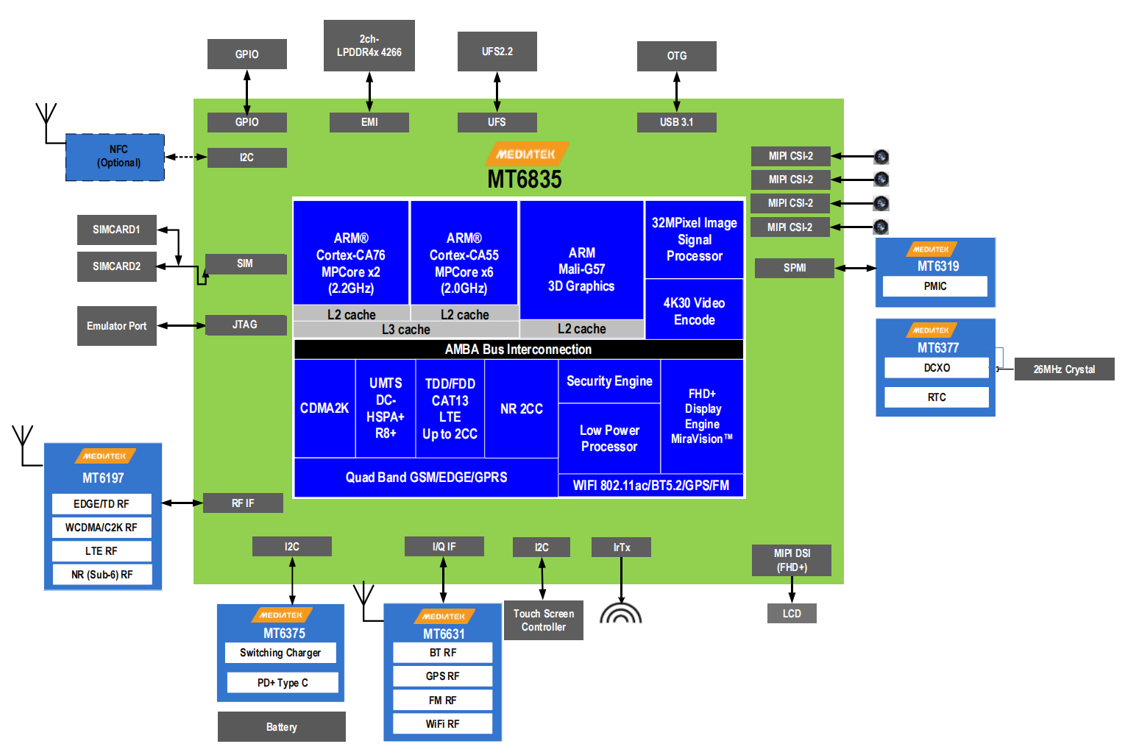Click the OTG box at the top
pyautogui.click(x=676, y=56)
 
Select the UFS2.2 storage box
pyautogui.click(x=497, y=52)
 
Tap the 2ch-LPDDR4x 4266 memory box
pyautogui.click(x=369, y=46)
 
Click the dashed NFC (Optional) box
pyautogui.click(x=116, y=157)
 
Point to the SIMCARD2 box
pyautogui.click(x=116, y=266)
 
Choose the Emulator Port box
pyautogui.click(x=116, y=326)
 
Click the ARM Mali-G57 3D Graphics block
pyautogui.click(x=581, y=269)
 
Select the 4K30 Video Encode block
pyautogui.click(x=694, y=311)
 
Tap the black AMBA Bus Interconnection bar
pyautogui.click(x=518, y=350)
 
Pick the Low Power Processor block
pyautogui.click(x=608, y=439)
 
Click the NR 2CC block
pyautogui.click(x=521, y=409)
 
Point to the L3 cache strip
pyautogui.click(x=405, y=330)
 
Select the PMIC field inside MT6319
pyautogui.click(x=935, y=286)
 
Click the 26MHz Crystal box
pyautogui.click(x=1063, y=369)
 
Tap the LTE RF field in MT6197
pyautogui.click(x=102, y=551)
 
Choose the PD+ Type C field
pyautogui.click(x=283, y=683)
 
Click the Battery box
pyautogui.click(x=281, y=727)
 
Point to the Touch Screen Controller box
pyautogui.click(x=543, y=620)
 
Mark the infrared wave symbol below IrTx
pyautogui.click(x=620, y=613)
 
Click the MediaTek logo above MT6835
pyautogui.click(x=526, y=154)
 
